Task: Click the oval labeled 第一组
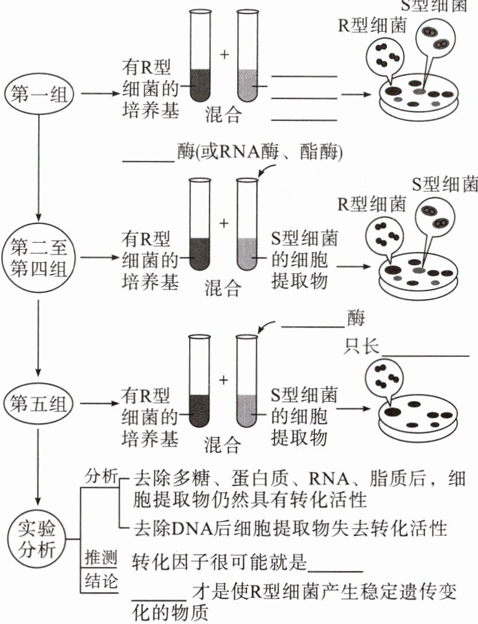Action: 38,94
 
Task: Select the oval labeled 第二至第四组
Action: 38,257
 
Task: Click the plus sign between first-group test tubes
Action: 225,54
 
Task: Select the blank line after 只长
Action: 424,355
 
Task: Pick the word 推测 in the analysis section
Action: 100,555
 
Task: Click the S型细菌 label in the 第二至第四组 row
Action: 445,185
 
